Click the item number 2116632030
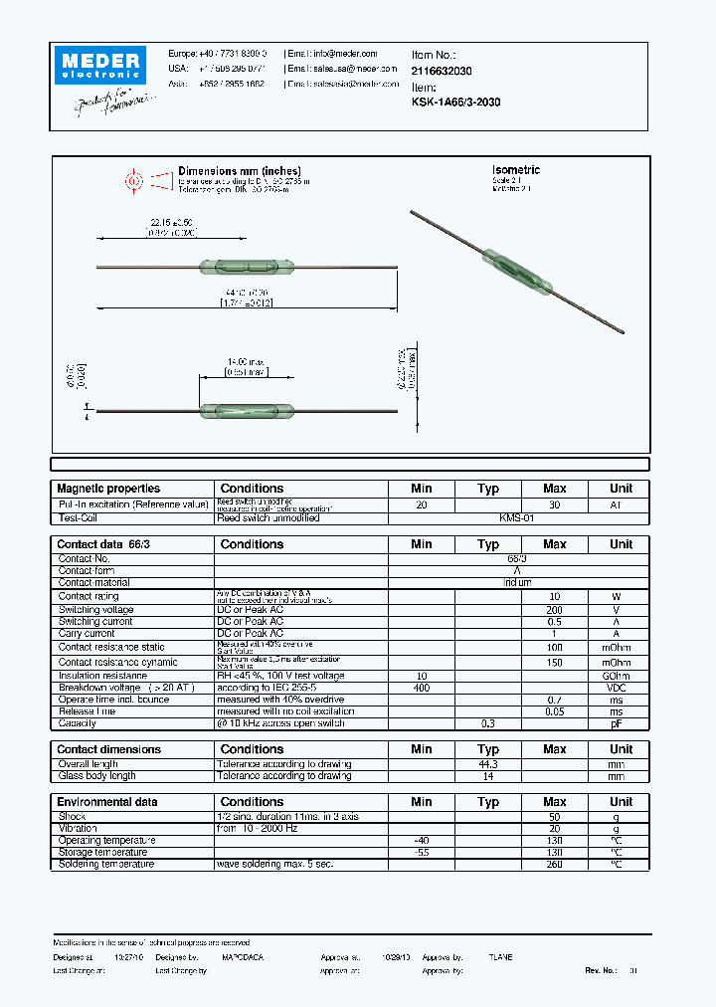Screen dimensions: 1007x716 click(442, 72)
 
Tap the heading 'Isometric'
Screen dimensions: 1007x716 click(516, 170)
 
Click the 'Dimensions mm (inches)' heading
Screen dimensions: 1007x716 click(239, 171)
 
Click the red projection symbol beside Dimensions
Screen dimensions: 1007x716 click(132, 181)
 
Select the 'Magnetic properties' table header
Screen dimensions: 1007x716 click(108, 489)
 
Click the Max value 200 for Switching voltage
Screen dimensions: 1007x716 click(555, 609)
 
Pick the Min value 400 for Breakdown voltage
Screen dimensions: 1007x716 click(422, 688)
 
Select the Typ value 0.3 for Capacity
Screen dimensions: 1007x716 click(488, 723)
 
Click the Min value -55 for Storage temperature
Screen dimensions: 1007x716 click(422, 853)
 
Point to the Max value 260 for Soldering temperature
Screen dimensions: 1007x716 click(555, 865)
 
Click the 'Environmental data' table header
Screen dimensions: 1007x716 click(106, 802)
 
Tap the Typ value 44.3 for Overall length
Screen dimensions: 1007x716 click(488, 763)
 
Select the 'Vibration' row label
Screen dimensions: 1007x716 click(78, 828)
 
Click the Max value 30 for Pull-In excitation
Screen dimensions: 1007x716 click(555, 505)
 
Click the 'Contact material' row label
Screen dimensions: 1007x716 click(94, 583)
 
